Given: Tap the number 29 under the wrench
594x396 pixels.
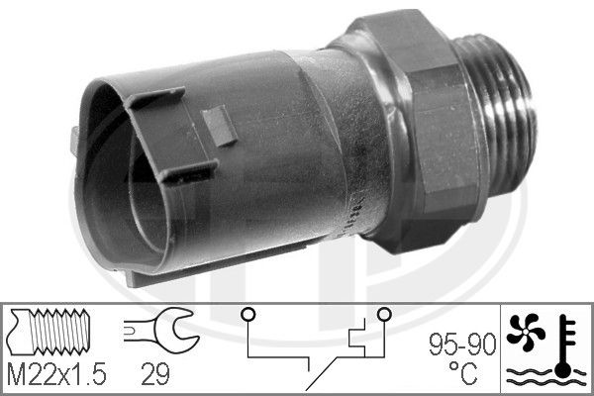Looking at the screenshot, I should pos(155,375).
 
